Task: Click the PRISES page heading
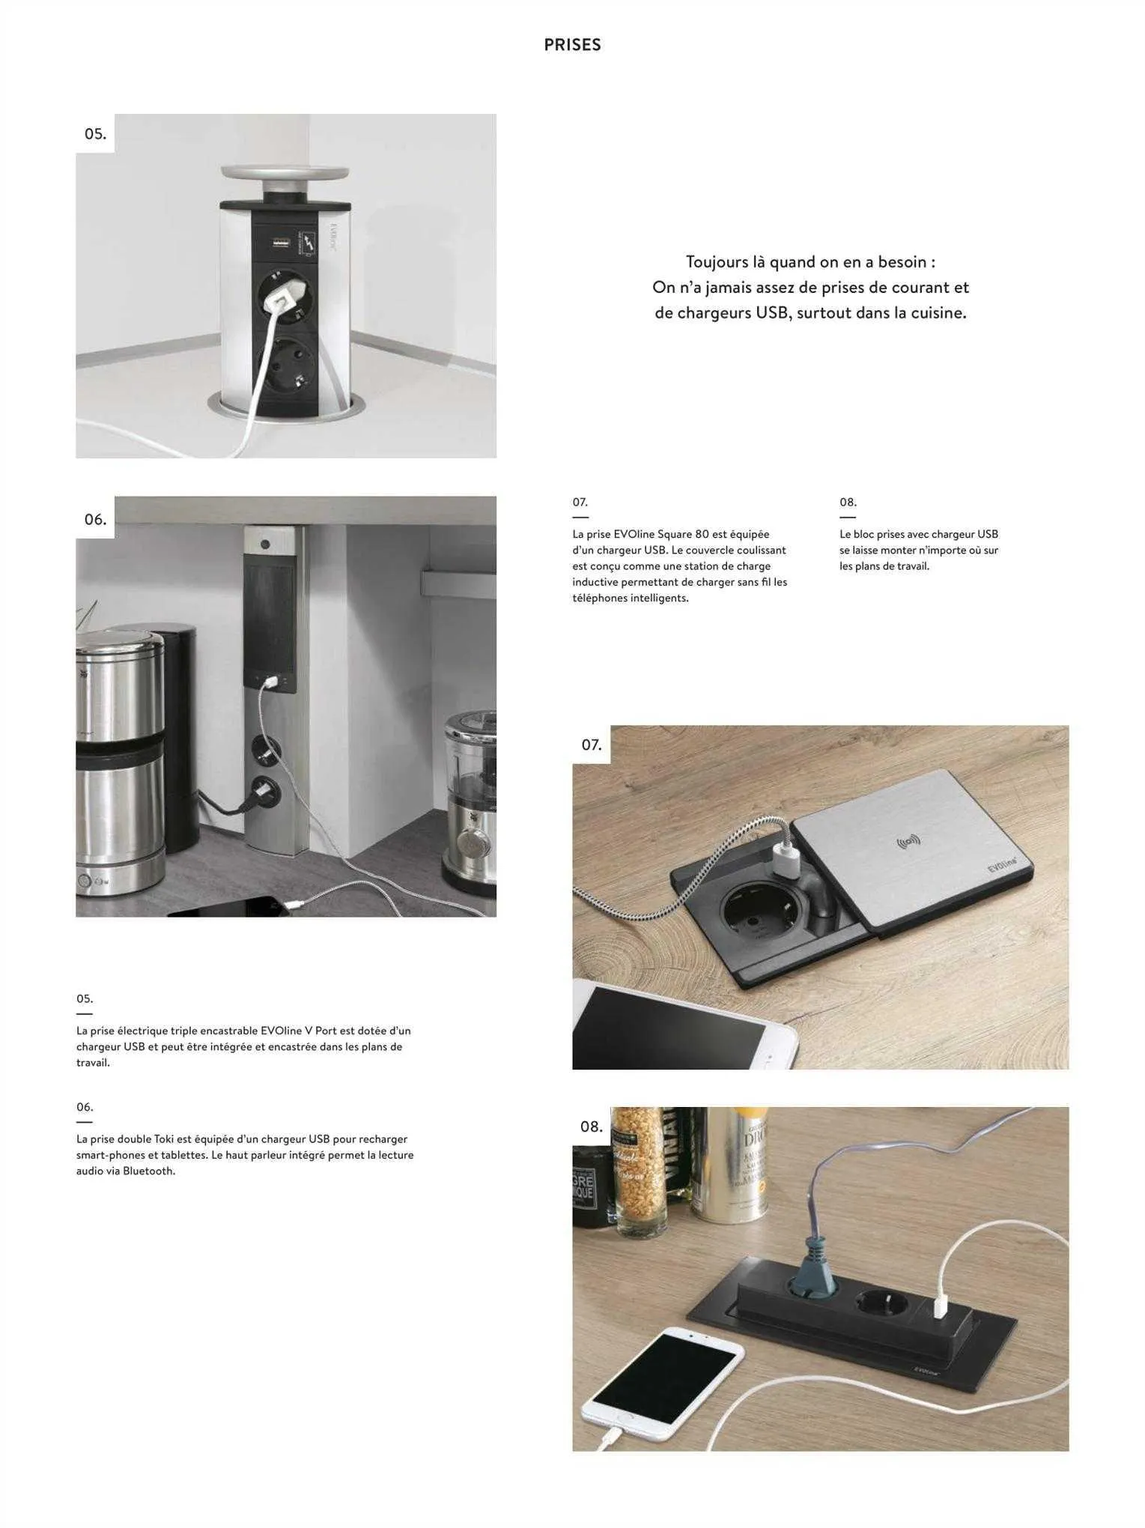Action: click(572, 45)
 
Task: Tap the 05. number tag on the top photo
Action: click(95, 134)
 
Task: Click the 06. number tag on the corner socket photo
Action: click(95, 519)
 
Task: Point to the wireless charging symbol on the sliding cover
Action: click(908, 842)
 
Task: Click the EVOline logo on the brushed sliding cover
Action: click(1001, 864)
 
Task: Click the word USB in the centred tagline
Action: click(774, 313)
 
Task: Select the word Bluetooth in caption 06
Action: click(148, 1171)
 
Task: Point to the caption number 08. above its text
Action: click(848, 502)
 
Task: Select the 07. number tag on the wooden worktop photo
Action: click(592, 745)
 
